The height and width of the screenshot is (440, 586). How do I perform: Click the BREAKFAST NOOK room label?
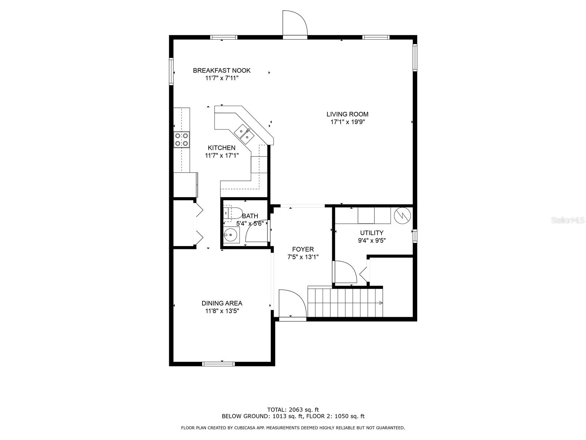tap(222, 70)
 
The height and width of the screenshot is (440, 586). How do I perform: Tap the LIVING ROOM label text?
tap(347, 114)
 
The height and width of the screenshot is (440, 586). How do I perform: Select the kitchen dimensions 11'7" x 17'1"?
tap(222, 155)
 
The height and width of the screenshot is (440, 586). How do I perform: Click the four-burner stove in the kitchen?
tap(182, 139)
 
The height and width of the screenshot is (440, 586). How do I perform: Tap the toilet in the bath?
tap(232, 212)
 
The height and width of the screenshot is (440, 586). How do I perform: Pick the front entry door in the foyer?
tap(292, 304)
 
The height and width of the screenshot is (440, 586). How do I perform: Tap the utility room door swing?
tap(344, 272)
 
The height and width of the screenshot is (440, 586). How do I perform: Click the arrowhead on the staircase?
tap(381, 303)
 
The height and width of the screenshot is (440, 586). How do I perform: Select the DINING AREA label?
tap(222, 303)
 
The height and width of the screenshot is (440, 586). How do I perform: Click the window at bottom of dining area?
tap(219, 364)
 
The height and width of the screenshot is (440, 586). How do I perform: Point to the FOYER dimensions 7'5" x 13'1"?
tap(303, 257)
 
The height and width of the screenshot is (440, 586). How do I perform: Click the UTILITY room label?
tap(372, 233)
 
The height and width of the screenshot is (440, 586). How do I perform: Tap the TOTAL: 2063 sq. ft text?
tap(293, 410)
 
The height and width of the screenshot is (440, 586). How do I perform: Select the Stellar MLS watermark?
tap(567, 220)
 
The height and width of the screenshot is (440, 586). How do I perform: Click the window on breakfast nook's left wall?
tap(171, 71)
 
